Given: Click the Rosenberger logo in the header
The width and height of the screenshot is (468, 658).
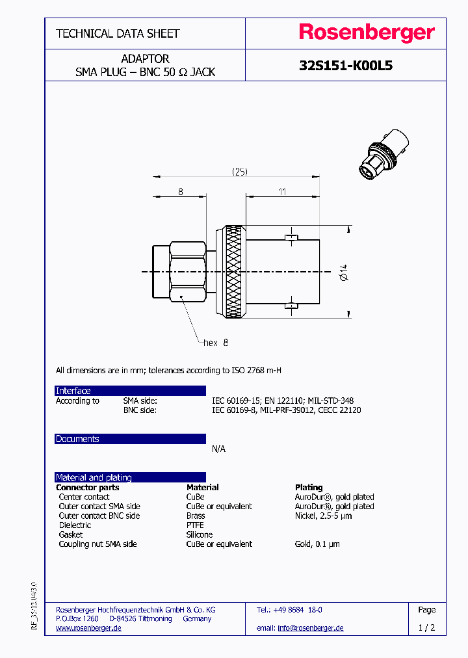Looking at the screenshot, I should [367, 33].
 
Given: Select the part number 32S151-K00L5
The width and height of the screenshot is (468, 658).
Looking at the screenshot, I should [345, 66].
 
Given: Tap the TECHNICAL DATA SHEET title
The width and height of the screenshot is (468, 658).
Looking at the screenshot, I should [118, 33].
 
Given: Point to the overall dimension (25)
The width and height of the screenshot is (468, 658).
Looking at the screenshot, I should [240, 172].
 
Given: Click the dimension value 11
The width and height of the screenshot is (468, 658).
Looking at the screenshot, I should [283, 191].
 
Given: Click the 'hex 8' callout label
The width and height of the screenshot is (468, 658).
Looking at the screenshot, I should [216, 342].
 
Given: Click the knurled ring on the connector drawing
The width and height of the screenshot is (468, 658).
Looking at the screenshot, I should [235, 272].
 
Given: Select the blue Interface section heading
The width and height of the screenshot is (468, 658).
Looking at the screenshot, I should [73, 391].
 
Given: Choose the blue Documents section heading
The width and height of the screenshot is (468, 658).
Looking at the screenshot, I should [77, 439].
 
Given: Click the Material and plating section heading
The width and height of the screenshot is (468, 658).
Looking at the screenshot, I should [94, 477].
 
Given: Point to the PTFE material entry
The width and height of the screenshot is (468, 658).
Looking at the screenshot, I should [195, 525].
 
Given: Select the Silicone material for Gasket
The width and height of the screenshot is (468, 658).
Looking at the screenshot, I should [199, 534].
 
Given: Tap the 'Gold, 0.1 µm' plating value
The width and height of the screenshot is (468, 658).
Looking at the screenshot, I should [317, 544].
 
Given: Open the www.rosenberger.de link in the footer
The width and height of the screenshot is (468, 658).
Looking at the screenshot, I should [88, 627].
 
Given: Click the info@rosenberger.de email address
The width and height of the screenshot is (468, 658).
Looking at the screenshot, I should [310, 627].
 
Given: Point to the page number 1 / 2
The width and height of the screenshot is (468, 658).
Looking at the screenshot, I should [426, 627].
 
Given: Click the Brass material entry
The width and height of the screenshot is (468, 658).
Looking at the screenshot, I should [196, 516].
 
